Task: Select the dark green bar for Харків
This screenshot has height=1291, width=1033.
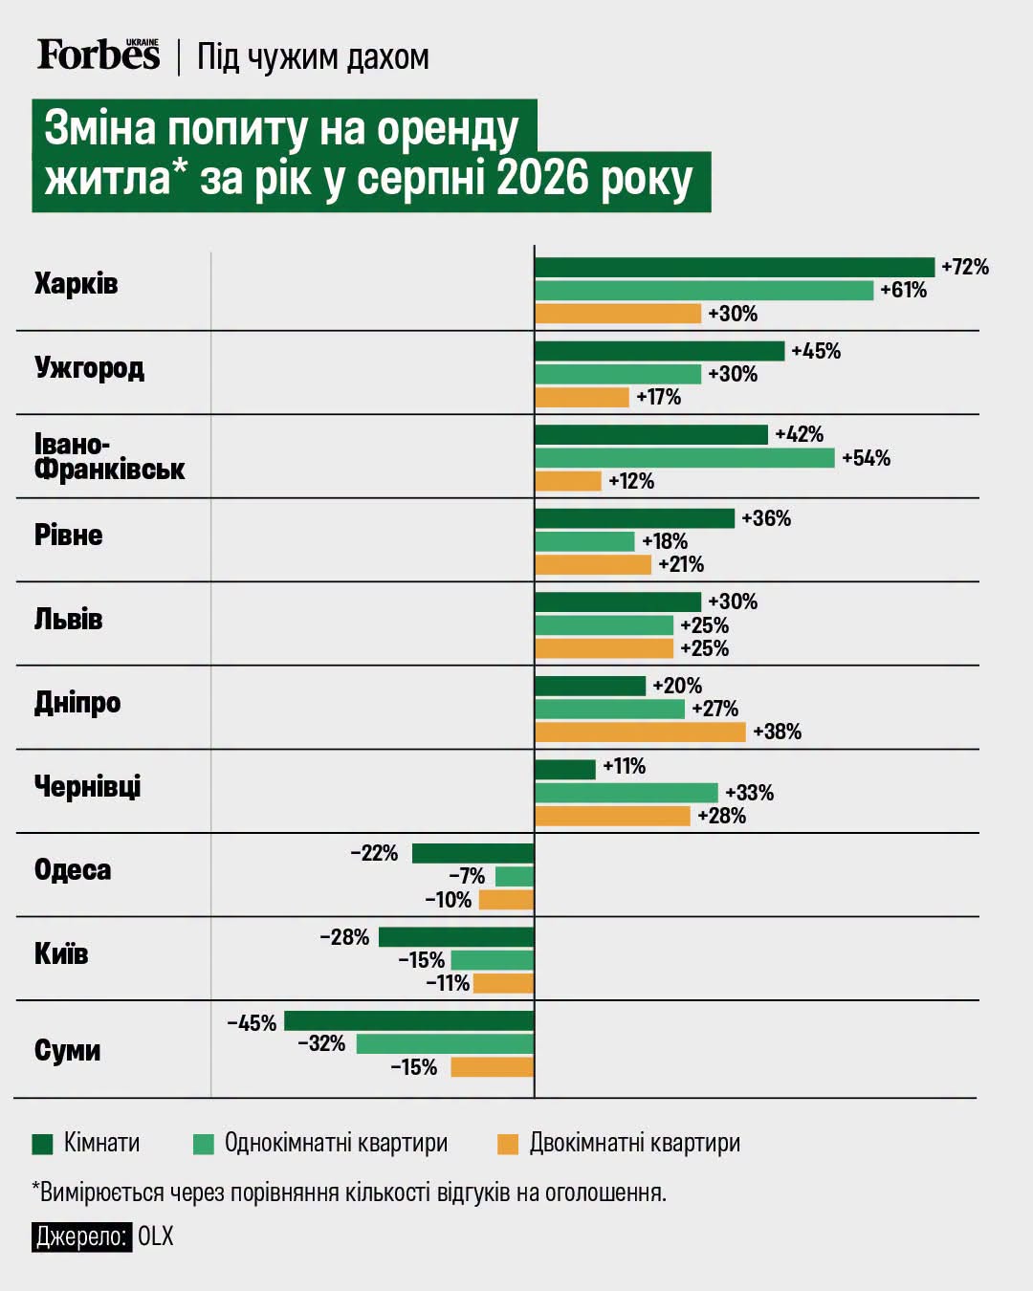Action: coord(735,268)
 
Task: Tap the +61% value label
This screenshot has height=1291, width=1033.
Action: coord(903,291)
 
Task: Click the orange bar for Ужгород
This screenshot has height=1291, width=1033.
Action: coord(582,397)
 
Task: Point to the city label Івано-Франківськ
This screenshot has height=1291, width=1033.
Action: coord(109,457)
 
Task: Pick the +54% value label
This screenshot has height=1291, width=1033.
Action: coord(867,458)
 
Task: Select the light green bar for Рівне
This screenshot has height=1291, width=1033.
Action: coord(584,541)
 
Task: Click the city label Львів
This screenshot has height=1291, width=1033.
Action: coord(69,619)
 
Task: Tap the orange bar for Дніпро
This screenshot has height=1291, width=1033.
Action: coord(641,732)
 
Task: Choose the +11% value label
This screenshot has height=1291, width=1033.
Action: coord(625,766)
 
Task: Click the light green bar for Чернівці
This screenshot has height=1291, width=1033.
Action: coord(626,793)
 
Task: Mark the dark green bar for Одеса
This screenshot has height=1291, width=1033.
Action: coord(473,853)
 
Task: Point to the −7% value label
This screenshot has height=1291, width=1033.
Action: coord(467,877)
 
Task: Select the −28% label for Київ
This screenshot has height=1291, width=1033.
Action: coord(344,937)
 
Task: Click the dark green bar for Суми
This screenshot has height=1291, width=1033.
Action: coord(408,1020)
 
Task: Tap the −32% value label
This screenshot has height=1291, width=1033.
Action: coord(321,1044)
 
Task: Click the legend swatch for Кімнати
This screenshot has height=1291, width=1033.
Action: coord(43,1144)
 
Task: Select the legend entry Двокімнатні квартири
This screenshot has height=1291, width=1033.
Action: coord(619,1144)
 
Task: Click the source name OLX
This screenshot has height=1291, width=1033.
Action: coord(156,1236)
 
